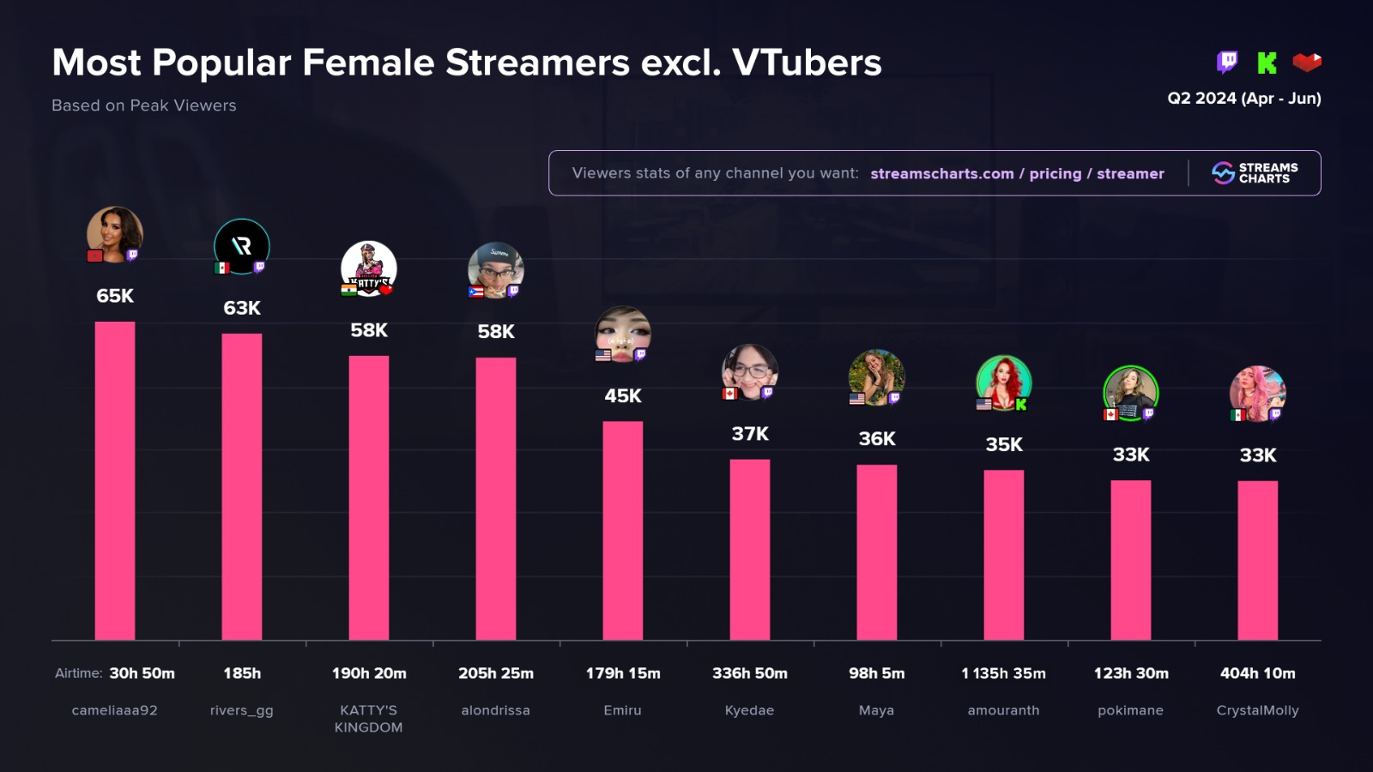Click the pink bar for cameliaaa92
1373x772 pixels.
(x=115, y=480)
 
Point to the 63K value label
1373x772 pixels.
(x=242, y=308)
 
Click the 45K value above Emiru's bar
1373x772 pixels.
(x=623, y=395)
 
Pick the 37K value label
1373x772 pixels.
(x=750, y=434)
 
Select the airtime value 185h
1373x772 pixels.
(x=242, y=673)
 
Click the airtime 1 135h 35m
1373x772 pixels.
(x=1003, y=673)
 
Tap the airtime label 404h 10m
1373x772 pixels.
(x=1258, y=673)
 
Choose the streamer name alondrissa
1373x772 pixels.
(x=496, y=710)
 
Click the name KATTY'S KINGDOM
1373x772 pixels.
(x=369, y=719)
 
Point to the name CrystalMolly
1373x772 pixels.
(x=1258, y=710)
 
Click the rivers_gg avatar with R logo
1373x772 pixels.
(x=242, y=246)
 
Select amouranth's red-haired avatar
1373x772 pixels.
(x=1003, y=382)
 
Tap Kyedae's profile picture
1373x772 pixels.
(x=750, y=371)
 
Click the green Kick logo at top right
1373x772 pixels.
(x=1267, y=63)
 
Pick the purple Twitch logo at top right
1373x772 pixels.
(x=1227, y=62)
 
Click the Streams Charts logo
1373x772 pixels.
(x=1255, y=173)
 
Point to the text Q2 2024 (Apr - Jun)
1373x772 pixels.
(x=1243, y=99)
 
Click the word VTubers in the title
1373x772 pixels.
(x=807, y=63)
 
